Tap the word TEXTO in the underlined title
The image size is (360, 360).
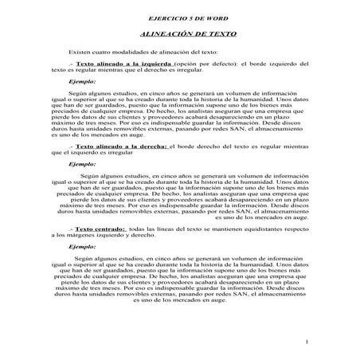[211, 34]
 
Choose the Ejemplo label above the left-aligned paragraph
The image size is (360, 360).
[83, 80]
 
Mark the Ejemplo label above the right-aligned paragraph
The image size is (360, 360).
[83, 164]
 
